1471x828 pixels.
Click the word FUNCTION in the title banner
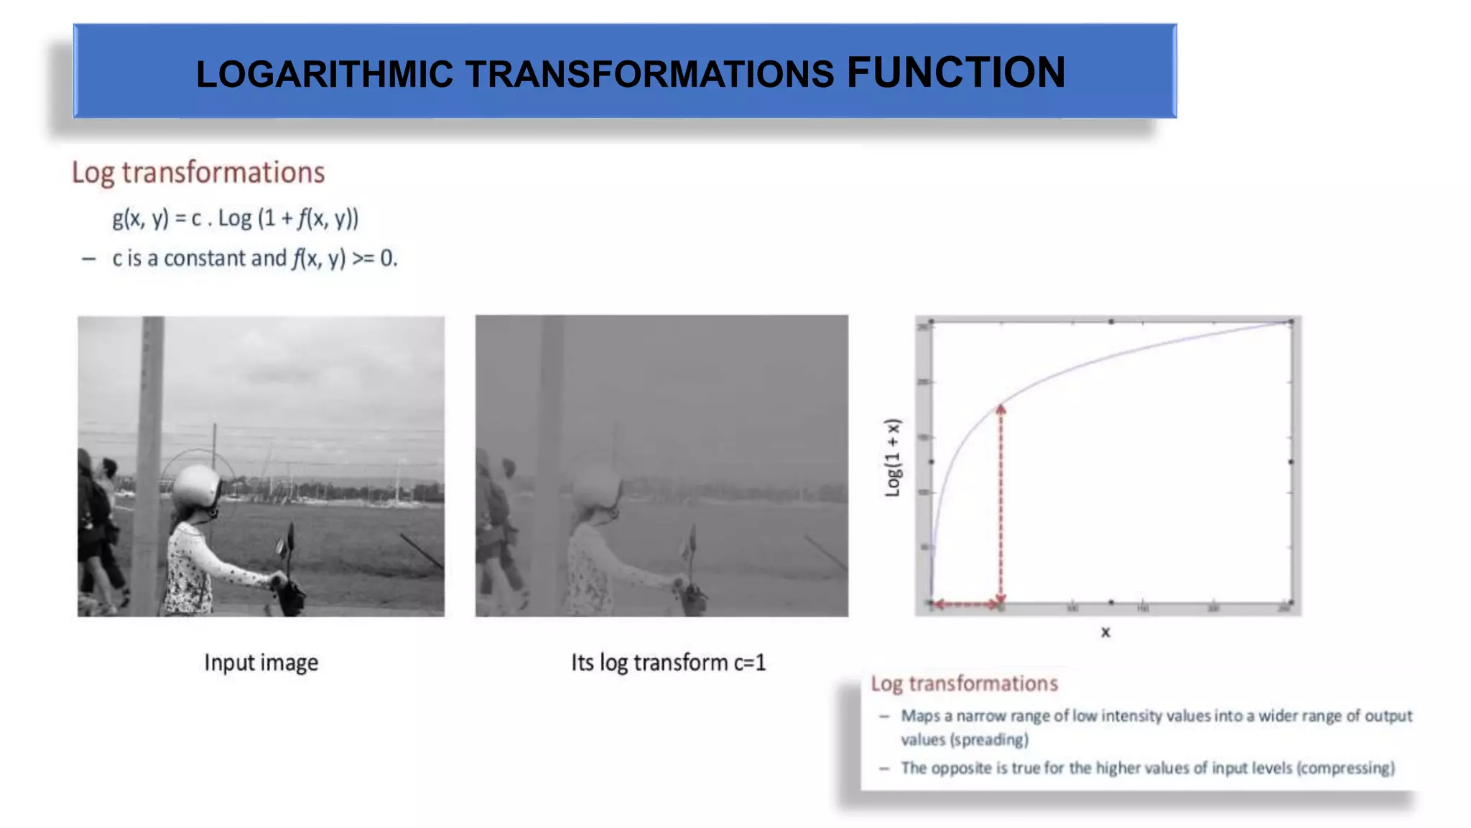tap(956, 73)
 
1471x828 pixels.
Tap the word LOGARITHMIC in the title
tap(325, 75)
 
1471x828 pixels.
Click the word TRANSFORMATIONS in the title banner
tap(649, 75)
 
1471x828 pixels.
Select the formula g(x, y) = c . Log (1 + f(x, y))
tap(235, 218)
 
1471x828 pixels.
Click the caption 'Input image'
tap(261, 662)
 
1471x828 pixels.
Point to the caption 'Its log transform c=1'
tap(668, 662)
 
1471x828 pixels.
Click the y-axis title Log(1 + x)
tap(892, 457)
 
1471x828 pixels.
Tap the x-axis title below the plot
tap(1105, 632)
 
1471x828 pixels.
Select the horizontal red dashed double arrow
tap(967, 604)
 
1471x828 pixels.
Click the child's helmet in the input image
tap(196, 486)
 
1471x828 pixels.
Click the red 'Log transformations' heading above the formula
tap(198, 172)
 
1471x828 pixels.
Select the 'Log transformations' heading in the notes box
tap(964, 683)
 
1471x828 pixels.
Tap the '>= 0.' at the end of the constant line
tap(374, 258)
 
